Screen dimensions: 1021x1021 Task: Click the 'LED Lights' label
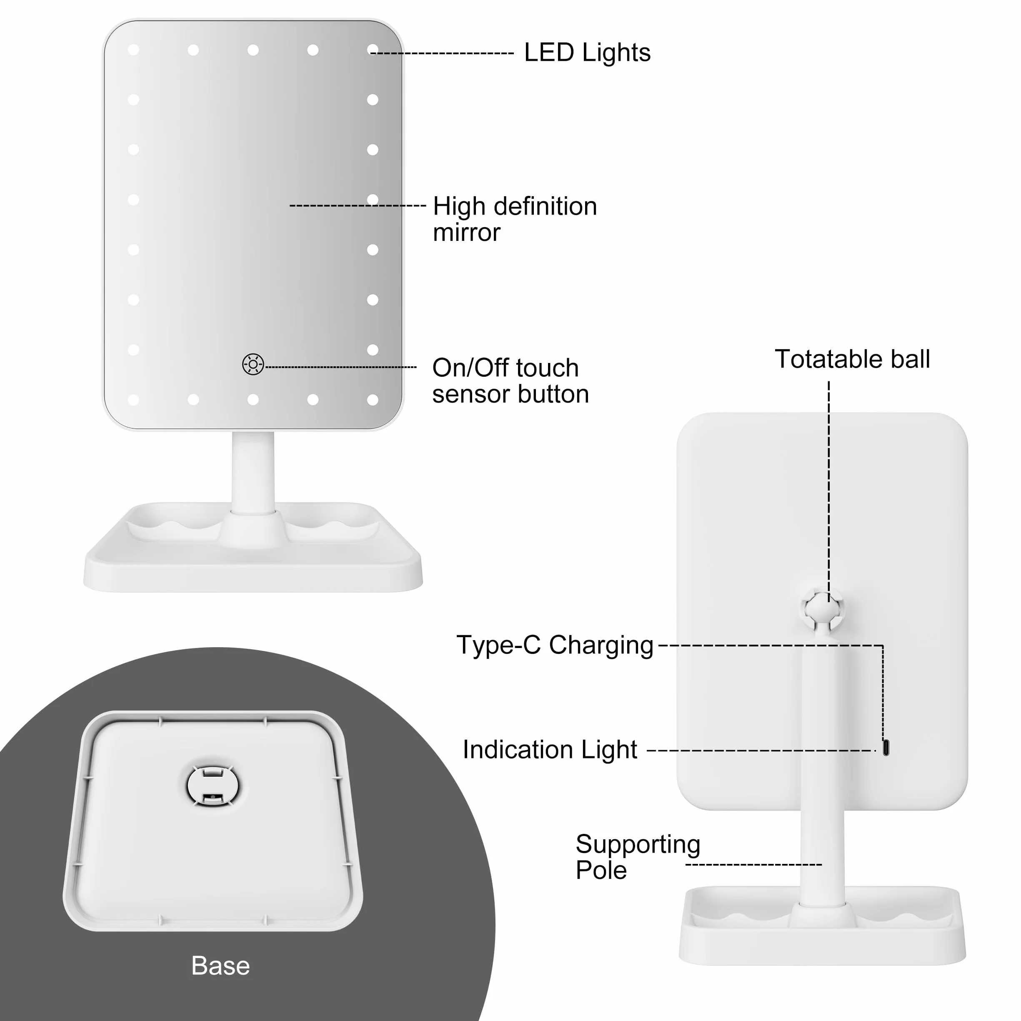[x=587, y=53]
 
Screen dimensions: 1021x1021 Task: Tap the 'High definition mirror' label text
[x=515, y=219]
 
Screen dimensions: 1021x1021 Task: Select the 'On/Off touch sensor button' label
[x=510, y=380]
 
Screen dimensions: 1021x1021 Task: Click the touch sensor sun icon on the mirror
[x=253, y=364]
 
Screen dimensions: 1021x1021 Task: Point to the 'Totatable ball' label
[x=852, y=359]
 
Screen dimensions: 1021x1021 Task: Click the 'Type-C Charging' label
[x=555, y=645]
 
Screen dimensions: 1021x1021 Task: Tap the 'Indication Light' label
[x=550, y=749]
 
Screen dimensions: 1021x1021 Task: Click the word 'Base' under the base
[x=220, y=966]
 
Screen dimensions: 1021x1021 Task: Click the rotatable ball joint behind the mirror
[x=822, y=611]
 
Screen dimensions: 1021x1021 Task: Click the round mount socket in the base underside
[x=213, y=786]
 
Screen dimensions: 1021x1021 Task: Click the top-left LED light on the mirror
[x=134, y=50]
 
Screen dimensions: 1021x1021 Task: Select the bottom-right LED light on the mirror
[x=373, y=400]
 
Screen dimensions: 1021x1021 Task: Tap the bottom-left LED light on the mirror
[x=134, y=400]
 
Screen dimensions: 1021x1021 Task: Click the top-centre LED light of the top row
[x=253, y=50]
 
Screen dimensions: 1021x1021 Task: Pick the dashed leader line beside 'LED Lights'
[x=442, y=53]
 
